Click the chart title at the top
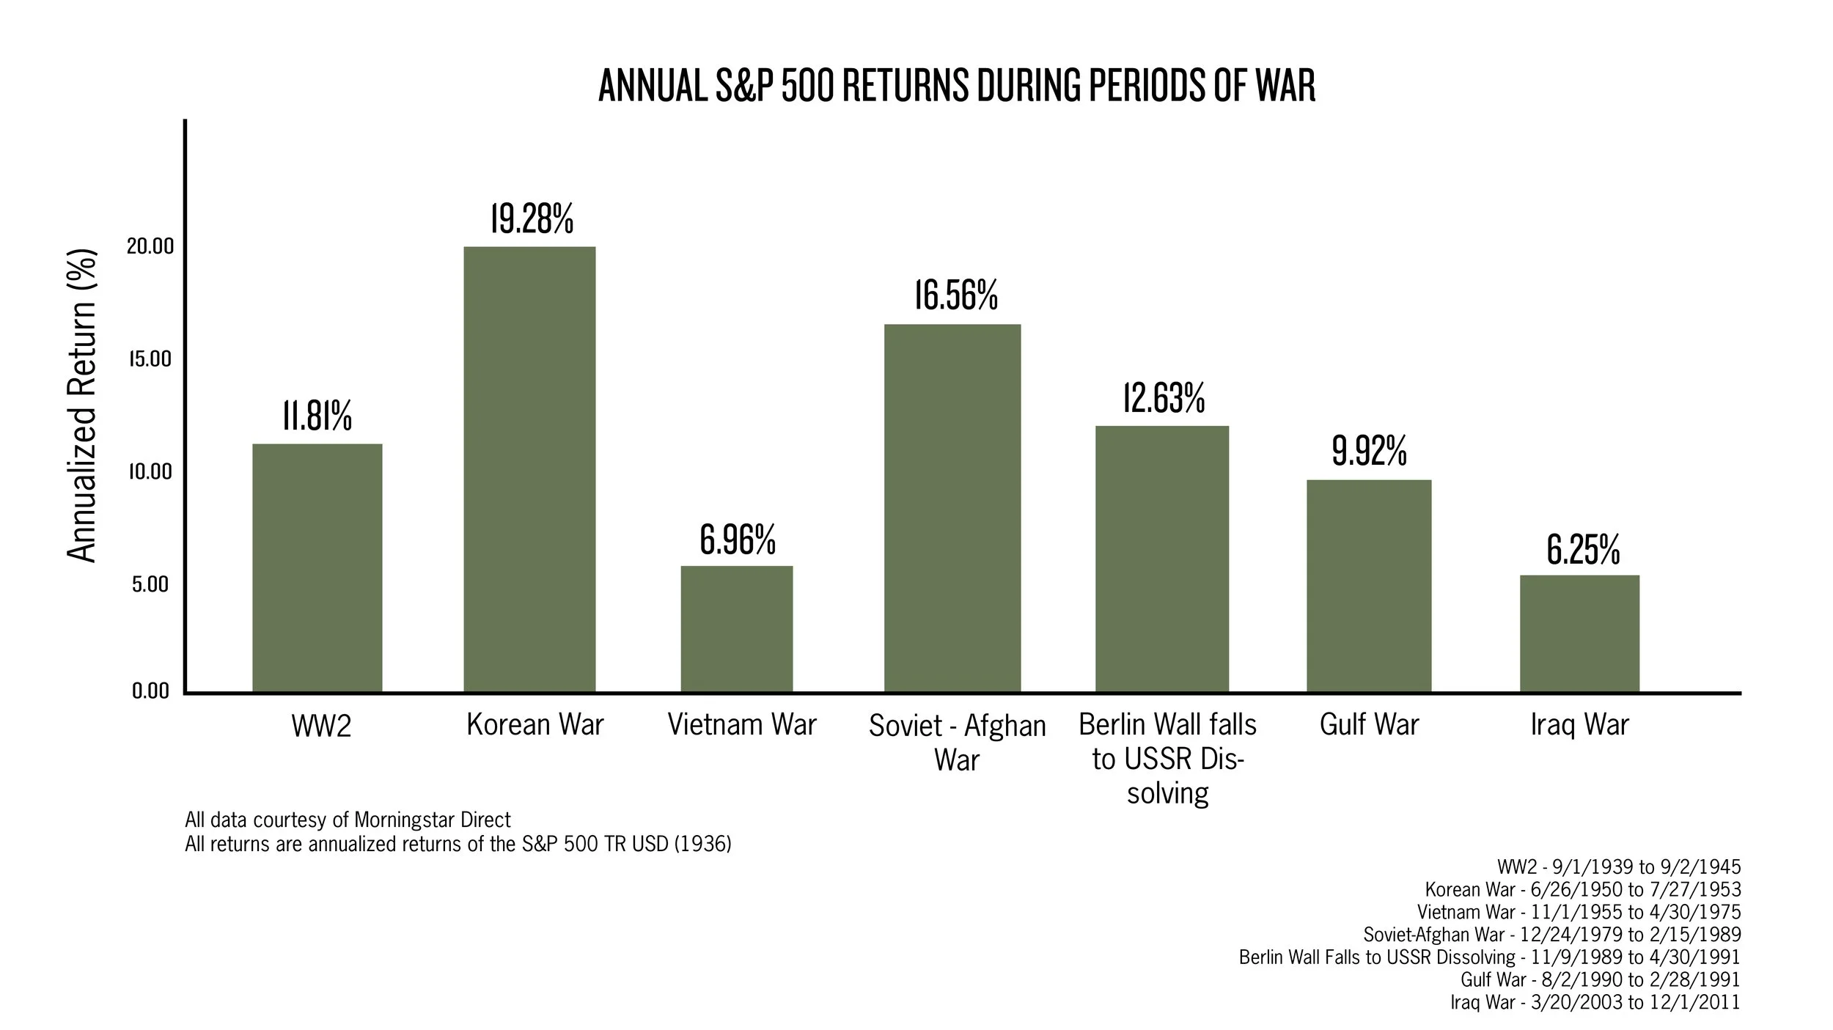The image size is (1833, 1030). point(957,87)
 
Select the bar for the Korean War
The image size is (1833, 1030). point(529,469)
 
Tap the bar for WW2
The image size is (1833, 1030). point(317,568)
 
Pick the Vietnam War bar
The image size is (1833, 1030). point(737,629)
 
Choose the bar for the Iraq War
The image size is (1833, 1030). point(1579,634)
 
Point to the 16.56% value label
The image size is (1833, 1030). point(955,295)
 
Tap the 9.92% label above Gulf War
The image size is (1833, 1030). point(1369,451)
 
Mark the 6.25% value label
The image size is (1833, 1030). point(1583,550)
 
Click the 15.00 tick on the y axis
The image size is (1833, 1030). point(150,359)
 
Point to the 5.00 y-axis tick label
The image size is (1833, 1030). point(150,584)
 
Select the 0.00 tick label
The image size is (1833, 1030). point(150,691)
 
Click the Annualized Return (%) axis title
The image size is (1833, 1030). point(82,407)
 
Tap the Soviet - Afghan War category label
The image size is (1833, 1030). point(957,742)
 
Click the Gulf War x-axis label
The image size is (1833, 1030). point(1369,724)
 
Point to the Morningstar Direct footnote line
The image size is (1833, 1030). point(348,819)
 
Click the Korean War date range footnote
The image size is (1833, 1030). point(1582,889)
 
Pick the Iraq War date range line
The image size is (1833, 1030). point(1595,1002)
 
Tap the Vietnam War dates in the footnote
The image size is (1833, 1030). point(1579,912)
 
